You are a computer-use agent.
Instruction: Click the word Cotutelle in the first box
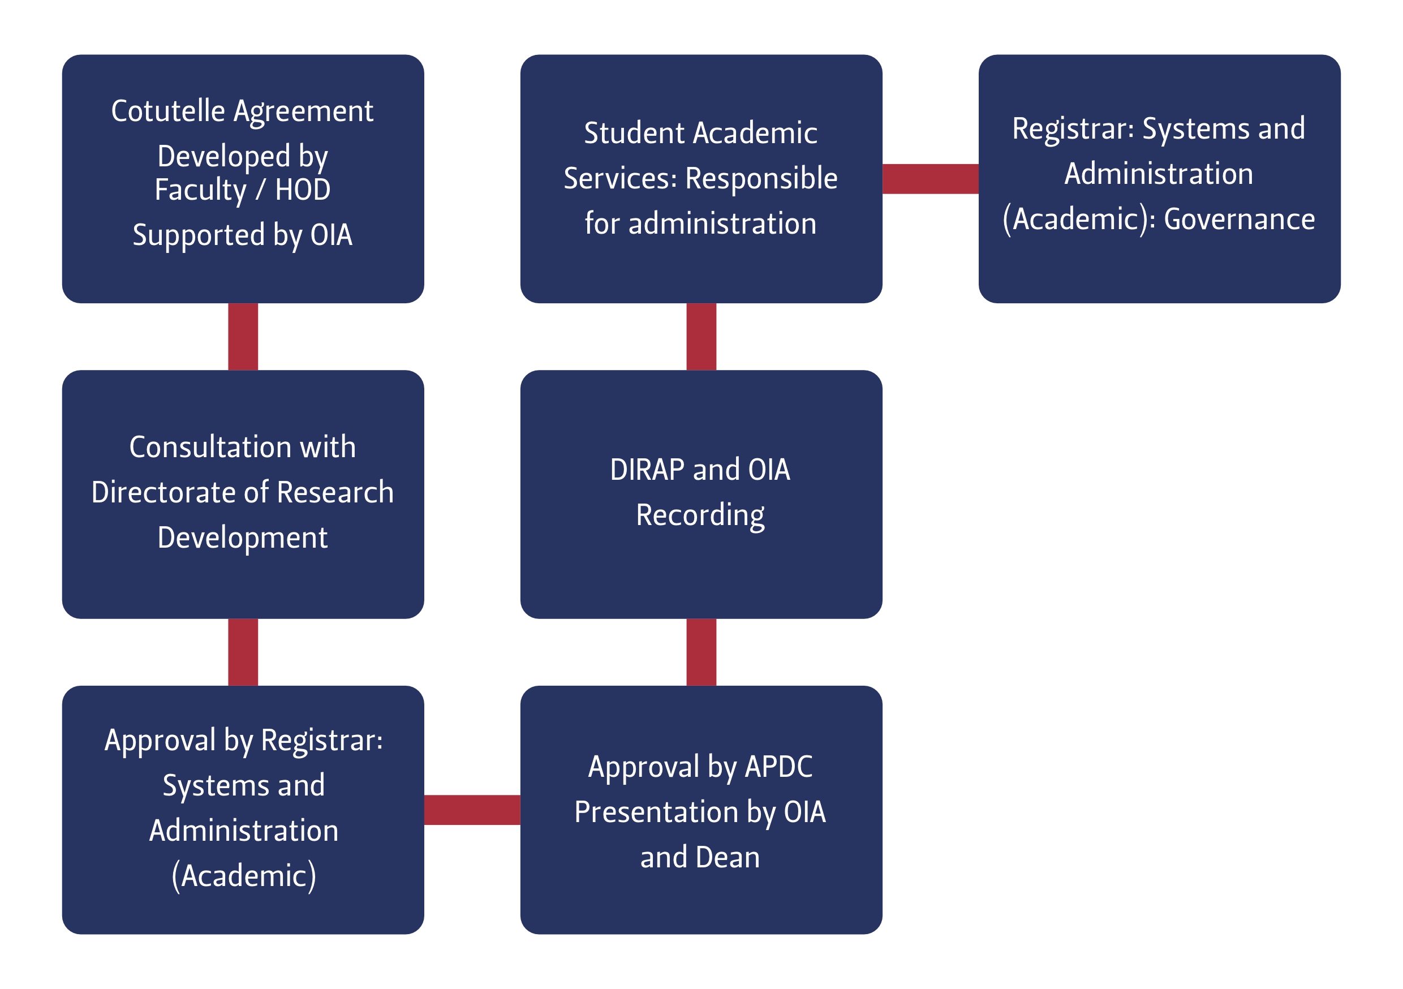click(x=168, y=111)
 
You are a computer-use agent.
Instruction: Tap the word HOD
click(x=303, y=190)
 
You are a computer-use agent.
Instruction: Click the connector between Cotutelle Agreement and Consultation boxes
click(x=243, y=336)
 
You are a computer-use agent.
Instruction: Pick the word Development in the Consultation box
click(x=243, y=538)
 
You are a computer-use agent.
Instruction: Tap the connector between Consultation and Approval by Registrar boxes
click(x=243, y=652)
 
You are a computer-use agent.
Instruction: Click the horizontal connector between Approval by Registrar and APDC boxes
click(x=472, y=810)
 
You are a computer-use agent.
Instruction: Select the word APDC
click(x=778, y=767)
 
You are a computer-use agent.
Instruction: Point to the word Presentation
click(x=656, y=812)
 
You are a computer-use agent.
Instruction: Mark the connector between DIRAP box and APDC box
click(x=701, y=652)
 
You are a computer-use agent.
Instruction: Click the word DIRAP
click(x=647, y=470)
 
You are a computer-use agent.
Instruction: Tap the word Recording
click(x=700, y=515)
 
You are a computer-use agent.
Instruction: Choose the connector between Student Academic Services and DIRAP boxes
click(x=701, y=336)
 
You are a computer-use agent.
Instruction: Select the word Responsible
click(x=761, y=178)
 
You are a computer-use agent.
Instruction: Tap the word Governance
click(x=1240, y=219)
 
